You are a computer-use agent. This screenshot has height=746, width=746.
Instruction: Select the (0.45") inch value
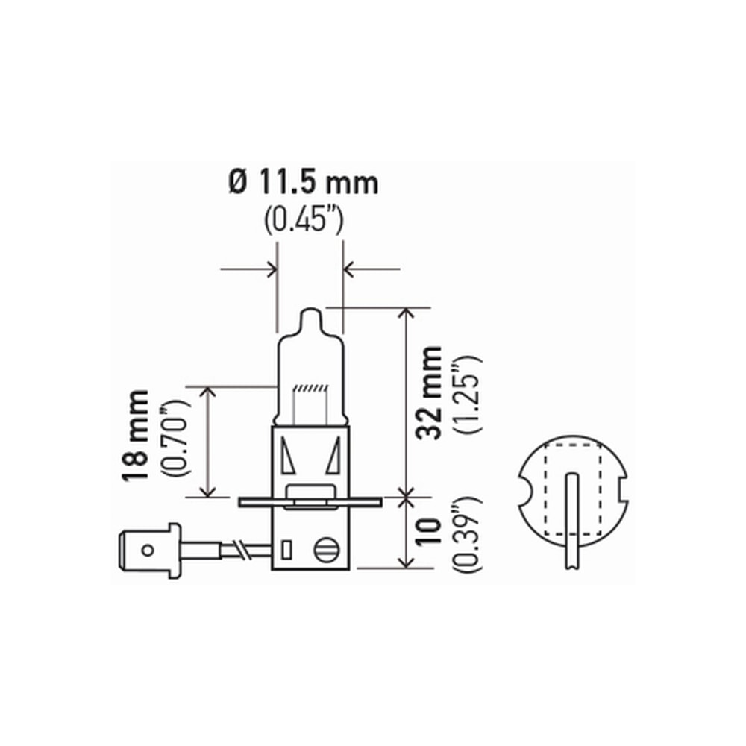pyautogui.click(x=303, y=222)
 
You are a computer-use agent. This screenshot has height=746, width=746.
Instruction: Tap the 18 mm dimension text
pyautogui.click(x=138, y=436)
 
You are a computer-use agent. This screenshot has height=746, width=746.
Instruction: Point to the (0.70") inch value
pyautogui.click(x=177, y=438)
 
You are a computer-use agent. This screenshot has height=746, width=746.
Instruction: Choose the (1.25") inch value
pyautogui.click(x=469, y=393)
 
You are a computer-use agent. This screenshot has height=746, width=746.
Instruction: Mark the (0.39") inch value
pyautogui.click(x=469, y=533)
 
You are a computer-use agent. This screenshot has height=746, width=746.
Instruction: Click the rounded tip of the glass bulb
pyautogui.click(x=311, y=318)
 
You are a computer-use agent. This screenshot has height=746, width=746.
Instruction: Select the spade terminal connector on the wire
pyautogui.click(x=149, y=549)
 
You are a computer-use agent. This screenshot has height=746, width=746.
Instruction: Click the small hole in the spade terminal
pyautogui.click(x=148, y=550)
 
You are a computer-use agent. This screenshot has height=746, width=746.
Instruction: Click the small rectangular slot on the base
pyautogui.click(x=286, y=551)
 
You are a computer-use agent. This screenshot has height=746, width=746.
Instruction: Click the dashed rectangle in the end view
pyautogui.click(x=572, y=489)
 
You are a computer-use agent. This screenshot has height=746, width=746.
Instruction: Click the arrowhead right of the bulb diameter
pyautogui.click(x=349, y=268)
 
